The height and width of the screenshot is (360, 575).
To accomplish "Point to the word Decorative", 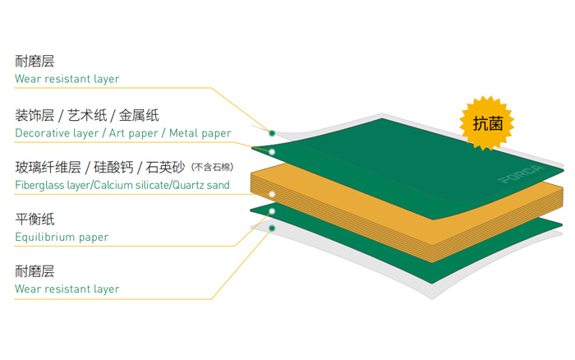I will (41, 133).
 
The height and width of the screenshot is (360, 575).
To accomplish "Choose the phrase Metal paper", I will (200, 133).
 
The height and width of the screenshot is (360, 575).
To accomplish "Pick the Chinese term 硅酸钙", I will (114, 168).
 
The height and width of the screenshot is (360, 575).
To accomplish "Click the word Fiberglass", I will (39, 186).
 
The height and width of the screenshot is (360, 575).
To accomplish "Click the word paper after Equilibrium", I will (94, 238).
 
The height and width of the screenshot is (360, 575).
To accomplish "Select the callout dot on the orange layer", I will (272, 194).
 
